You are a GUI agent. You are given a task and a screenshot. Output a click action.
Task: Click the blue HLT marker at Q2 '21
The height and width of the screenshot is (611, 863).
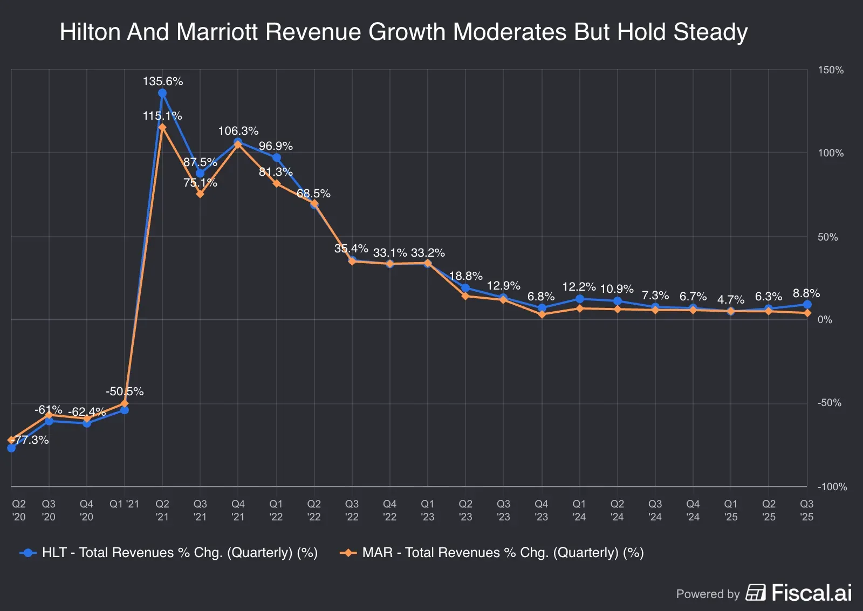pyautogui.click(x=162, y=93)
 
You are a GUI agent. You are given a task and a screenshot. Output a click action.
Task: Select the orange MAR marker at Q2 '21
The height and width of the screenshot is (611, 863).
pyautogui.click(x=162, y=127)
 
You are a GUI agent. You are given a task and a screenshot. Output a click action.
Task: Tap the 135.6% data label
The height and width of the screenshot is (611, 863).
pyautogui.click(x=163, y=81)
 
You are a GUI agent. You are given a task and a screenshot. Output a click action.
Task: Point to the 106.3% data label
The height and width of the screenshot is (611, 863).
pyautogui.click(x=238, y=131)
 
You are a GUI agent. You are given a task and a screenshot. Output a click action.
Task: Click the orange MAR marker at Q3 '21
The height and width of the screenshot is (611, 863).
pyautogui.click(x=200, y=194)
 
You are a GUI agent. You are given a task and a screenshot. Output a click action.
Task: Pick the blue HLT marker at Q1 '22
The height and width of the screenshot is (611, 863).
pyautogui.click(x=276, y=157)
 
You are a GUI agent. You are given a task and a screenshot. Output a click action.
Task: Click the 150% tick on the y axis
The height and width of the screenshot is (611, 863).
pyautogui.click(x=830, y=70)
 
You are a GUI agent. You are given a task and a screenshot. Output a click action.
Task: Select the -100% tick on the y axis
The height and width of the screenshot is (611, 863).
pyautogui.click(x=832, y=486)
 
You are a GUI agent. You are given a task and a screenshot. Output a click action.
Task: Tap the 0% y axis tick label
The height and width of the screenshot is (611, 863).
pyautogui.click(x=825, y=320)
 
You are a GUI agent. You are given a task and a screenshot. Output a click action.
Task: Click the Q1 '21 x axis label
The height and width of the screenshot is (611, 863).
pyautogui.click(x=124, y=504)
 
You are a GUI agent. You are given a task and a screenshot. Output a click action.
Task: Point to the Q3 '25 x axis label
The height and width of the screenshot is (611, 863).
pyautogui.click(x=806, y=510)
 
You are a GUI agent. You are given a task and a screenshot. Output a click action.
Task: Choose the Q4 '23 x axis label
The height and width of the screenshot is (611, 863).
pyautogui.click(x=541, y=510)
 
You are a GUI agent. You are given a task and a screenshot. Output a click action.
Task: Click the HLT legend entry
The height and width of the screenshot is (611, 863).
pyautogui.click(x=169, y=553)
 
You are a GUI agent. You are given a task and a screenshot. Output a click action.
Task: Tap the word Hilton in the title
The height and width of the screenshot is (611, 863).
pyautogui.click(x=90, y=32)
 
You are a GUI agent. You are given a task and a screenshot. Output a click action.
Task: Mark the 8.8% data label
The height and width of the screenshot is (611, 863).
pyautogui.click(x=806, y=293)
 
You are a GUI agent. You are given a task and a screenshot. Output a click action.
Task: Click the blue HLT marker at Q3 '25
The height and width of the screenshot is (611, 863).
pyautogui.click(x=807, y=305)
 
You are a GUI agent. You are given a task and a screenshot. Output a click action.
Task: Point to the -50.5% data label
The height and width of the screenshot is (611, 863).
pyautogui.click(x=125, y=392)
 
